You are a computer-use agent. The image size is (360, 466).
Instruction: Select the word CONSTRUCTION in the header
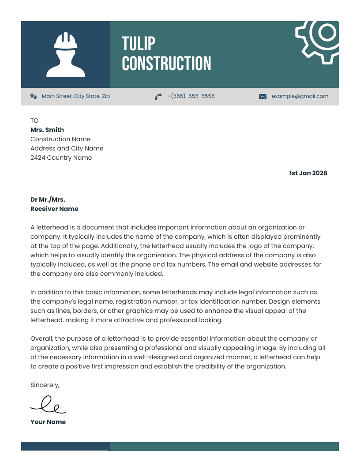(166, 64)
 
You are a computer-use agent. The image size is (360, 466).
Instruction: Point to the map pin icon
(33, 96)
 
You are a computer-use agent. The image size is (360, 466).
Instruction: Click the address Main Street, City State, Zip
(75, 96)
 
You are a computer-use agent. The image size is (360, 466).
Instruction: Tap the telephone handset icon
(158, 97)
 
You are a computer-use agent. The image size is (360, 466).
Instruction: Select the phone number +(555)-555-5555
(191, 96)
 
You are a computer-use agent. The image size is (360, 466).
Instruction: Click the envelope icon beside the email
(262, 97)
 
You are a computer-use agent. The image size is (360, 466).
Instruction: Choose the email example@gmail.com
(300, 96)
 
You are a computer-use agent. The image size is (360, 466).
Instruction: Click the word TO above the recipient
(34, 120)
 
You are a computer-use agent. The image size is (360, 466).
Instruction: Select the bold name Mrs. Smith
(47, 130)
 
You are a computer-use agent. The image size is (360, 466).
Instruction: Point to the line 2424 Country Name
(61, 158)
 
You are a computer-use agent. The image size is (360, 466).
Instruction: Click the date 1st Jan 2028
(308, 173)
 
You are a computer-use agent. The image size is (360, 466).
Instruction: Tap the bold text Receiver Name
(54, 209)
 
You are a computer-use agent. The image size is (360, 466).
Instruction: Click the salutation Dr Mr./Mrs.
(48, 199)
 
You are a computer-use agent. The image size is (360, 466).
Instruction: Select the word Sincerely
(45, 385)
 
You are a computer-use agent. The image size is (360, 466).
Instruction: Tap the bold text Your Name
(48, 422)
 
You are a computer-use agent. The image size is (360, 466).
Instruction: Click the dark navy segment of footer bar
(65, 446)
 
